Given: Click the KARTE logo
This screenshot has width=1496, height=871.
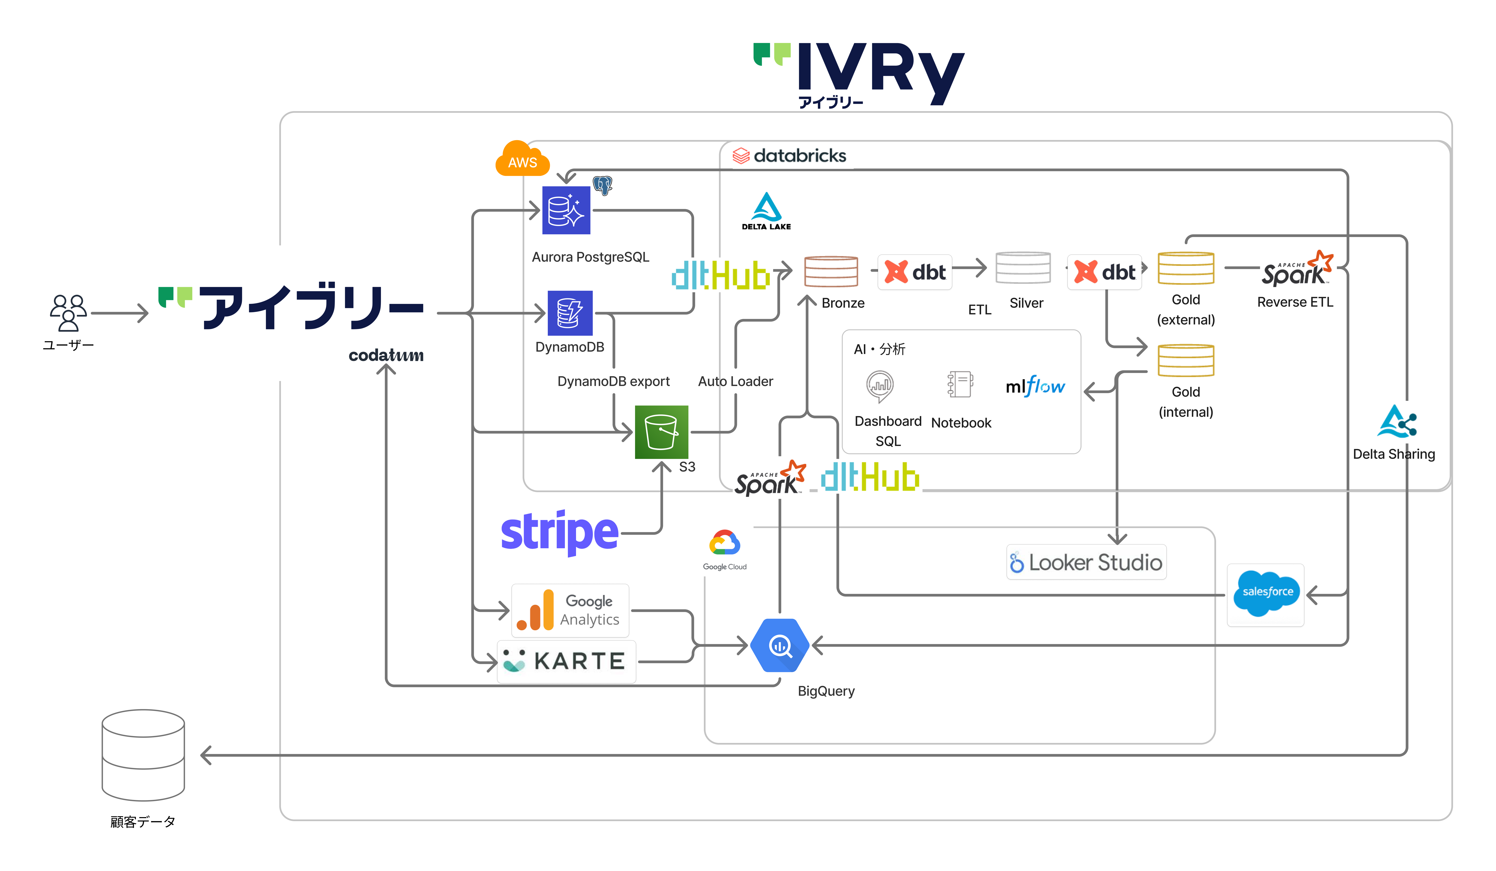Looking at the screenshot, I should click(566, 661).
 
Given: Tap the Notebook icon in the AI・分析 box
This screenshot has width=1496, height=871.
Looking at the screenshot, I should click(960, 385).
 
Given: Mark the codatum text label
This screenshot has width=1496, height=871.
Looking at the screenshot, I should click(386, 355).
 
